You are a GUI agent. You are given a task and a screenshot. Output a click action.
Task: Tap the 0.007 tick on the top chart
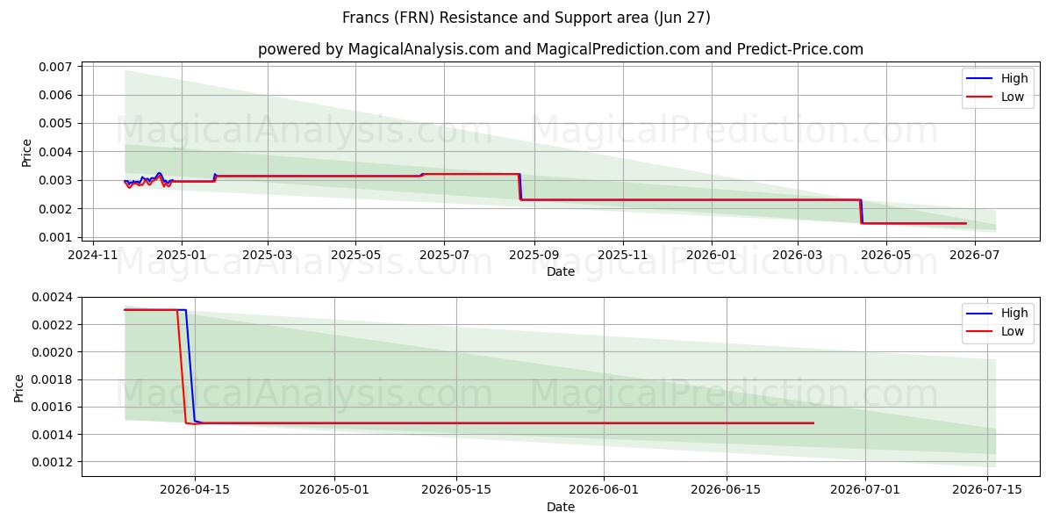pyautogui.click(x=55, y=67)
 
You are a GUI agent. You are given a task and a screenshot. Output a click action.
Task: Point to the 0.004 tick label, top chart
pyautogui.click(x=55, y=152)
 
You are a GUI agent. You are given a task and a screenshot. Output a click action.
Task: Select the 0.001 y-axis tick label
pyautogui.click(x=55, y=237)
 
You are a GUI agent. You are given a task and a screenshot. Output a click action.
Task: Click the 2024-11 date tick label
pyautogui.click(x=93, y=255)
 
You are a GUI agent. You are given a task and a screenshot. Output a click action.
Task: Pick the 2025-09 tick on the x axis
pyautogui.click(x=534, y=255)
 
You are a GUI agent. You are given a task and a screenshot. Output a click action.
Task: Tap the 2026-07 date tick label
pyautogui.click(x=974, y=255)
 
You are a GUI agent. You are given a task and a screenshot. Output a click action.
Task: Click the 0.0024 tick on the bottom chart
pyautogui.click(x=52, y=298)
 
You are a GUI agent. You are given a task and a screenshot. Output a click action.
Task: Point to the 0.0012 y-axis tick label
pyautogui.click(x=52, y=462)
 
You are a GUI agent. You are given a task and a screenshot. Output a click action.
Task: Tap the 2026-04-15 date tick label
pyautogui.click(x=195, y=490)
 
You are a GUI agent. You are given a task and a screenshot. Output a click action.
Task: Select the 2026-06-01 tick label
pyautogui.click(x=604, y=490)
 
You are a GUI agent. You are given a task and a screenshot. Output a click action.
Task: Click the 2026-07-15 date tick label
pyautogui.click(x=986, y=490)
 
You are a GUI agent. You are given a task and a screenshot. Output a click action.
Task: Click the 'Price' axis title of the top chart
pyautogui.click(x=27, y=153)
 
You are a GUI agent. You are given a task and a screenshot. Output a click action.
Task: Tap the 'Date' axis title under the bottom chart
pyautogui.click(x=561, y=508)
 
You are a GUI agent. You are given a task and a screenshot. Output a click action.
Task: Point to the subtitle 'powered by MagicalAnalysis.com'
pyautogui.click(x=378, y=49)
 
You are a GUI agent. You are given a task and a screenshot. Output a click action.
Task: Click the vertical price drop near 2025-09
pyautogui.click(x=519, y=187)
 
